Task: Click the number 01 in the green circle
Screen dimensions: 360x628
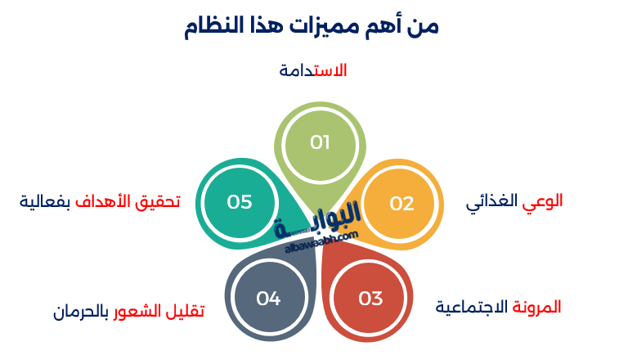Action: (x=320, y=142)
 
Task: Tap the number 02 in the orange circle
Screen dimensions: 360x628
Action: (x=401, y=203)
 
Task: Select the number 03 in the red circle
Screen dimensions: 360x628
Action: (x=370, y=299)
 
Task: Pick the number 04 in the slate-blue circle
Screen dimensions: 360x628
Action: (x=268, y=299)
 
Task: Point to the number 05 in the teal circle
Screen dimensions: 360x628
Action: (x=240, y=201)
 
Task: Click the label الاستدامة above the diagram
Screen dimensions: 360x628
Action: (x=313, y=70)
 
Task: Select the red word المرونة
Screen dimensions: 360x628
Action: (x=536, y=307)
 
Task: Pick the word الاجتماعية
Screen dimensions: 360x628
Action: (x=472, y=308)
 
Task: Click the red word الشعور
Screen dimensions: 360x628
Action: (x=138, y=311)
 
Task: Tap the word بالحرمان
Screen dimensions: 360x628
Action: (x=80, y=311)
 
